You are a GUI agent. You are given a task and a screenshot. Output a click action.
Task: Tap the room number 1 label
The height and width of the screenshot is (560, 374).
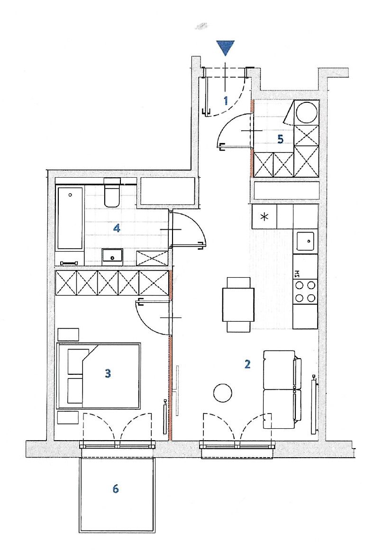(x=226, y=101)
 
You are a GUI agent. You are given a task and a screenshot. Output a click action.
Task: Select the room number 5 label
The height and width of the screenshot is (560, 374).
(x=281, y=139)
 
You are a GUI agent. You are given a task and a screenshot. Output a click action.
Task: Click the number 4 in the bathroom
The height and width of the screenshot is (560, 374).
(x=117, y=228)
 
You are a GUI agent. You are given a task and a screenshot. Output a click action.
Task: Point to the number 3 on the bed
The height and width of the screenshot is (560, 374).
(x=108, y=374)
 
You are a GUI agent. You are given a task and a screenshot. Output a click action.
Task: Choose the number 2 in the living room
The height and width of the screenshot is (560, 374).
(x=247, y=364)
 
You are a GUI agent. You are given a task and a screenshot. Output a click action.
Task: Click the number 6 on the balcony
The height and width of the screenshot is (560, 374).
(x=115, y=488)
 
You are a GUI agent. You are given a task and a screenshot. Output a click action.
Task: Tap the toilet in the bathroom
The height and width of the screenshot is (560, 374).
(x=111, y=193)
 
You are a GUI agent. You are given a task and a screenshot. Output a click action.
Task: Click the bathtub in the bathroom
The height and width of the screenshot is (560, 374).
(x=71, y=218)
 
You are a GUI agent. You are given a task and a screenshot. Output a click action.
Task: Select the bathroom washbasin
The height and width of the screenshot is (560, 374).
(x=112, y=256)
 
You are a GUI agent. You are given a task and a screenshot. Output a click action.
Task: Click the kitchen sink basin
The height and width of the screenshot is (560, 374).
(x=305, y=241)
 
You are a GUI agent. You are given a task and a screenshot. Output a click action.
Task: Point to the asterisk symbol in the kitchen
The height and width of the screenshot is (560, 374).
(x=264, y=217)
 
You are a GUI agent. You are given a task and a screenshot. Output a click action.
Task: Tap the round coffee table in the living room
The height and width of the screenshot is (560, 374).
(x=222, y=393)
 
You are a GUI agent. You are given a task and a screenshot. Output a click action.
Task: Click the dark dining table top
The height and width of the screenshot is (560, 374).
(x=238, y=305)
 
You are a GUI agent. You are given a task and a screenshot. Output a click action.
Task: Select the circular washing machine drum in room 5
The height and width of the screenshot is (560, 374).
(x=307, y=112)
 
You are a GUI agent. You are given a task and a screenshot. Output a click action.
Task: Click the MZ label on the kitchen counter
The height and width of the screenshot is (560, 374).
(x=297, y=274)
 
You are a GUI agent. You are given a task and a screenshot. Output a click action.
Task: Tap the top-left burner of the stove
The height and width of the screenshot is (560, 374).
(x=299, y=285)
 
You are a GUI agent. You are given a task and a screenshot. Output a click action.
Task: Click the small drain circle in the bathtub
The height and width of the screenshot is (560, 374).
(x=70, y=195)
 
